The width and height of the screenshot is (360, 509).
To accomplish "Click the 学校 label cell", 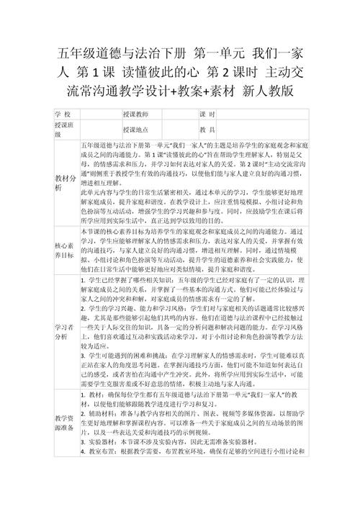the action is [63, 115].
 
